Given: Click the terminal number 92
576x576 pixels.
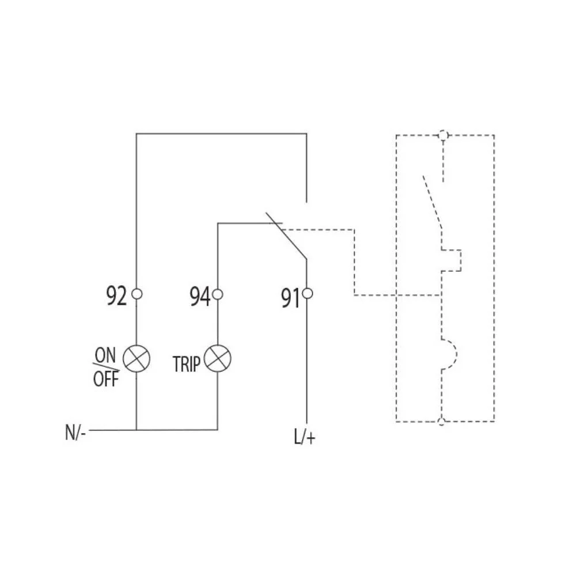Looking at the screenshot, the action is (116, 295).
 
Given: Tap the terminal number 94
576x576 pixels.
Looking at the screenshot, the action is (200, 297).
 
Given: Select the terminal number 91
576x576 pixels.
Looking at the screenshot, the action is (290, 298).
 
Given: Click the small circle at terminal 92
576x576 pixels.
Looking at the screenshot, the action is (137, 294).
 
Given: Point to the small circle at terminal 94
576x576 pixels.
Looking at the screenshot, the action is (218, 294).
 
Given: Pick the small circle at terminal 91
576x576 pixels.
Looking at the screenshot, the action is (307, 294).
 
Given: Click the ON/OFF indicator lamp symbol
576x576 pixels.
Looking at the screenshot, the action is (137, 358).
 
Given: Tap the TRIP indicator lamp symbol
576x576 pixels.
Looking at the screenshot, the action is (218, 358).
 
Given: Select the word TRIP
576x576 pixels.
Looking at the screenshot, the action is (187, 365).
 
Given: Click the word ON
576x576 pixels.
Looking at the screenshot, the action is (105, 355).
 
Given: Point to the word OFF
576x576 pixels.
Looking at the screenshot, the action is (106, 379).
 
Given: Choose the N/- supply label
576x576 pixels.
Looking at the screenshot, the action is (75, 433).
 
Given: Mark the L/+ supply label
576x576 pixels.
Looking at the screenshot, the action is (305, 437).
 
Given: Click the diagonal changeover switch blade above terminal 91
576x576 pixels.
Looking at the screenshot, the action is (286, 236).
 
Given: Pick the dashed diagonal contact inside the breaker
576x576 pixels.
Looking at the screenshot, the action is (433, 201).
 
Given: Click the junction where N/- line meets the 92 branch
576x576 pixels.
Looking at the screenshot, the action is (137, 430).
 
